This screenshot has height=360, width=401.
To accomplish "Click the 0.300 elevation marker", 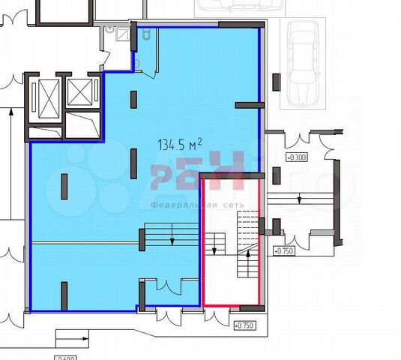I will pos(298,157).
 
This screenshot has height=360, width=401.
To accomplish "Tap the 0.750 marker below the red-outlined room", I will pos(246,325).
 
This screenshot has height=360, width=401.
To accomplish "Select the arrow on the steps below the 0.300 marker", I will pos(299,199).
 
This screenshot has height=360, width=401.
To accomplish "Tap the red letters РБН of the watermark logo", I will pos(196,172).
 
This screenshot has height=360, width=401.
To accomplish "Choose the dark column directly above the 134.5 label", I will pos(133,99).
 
